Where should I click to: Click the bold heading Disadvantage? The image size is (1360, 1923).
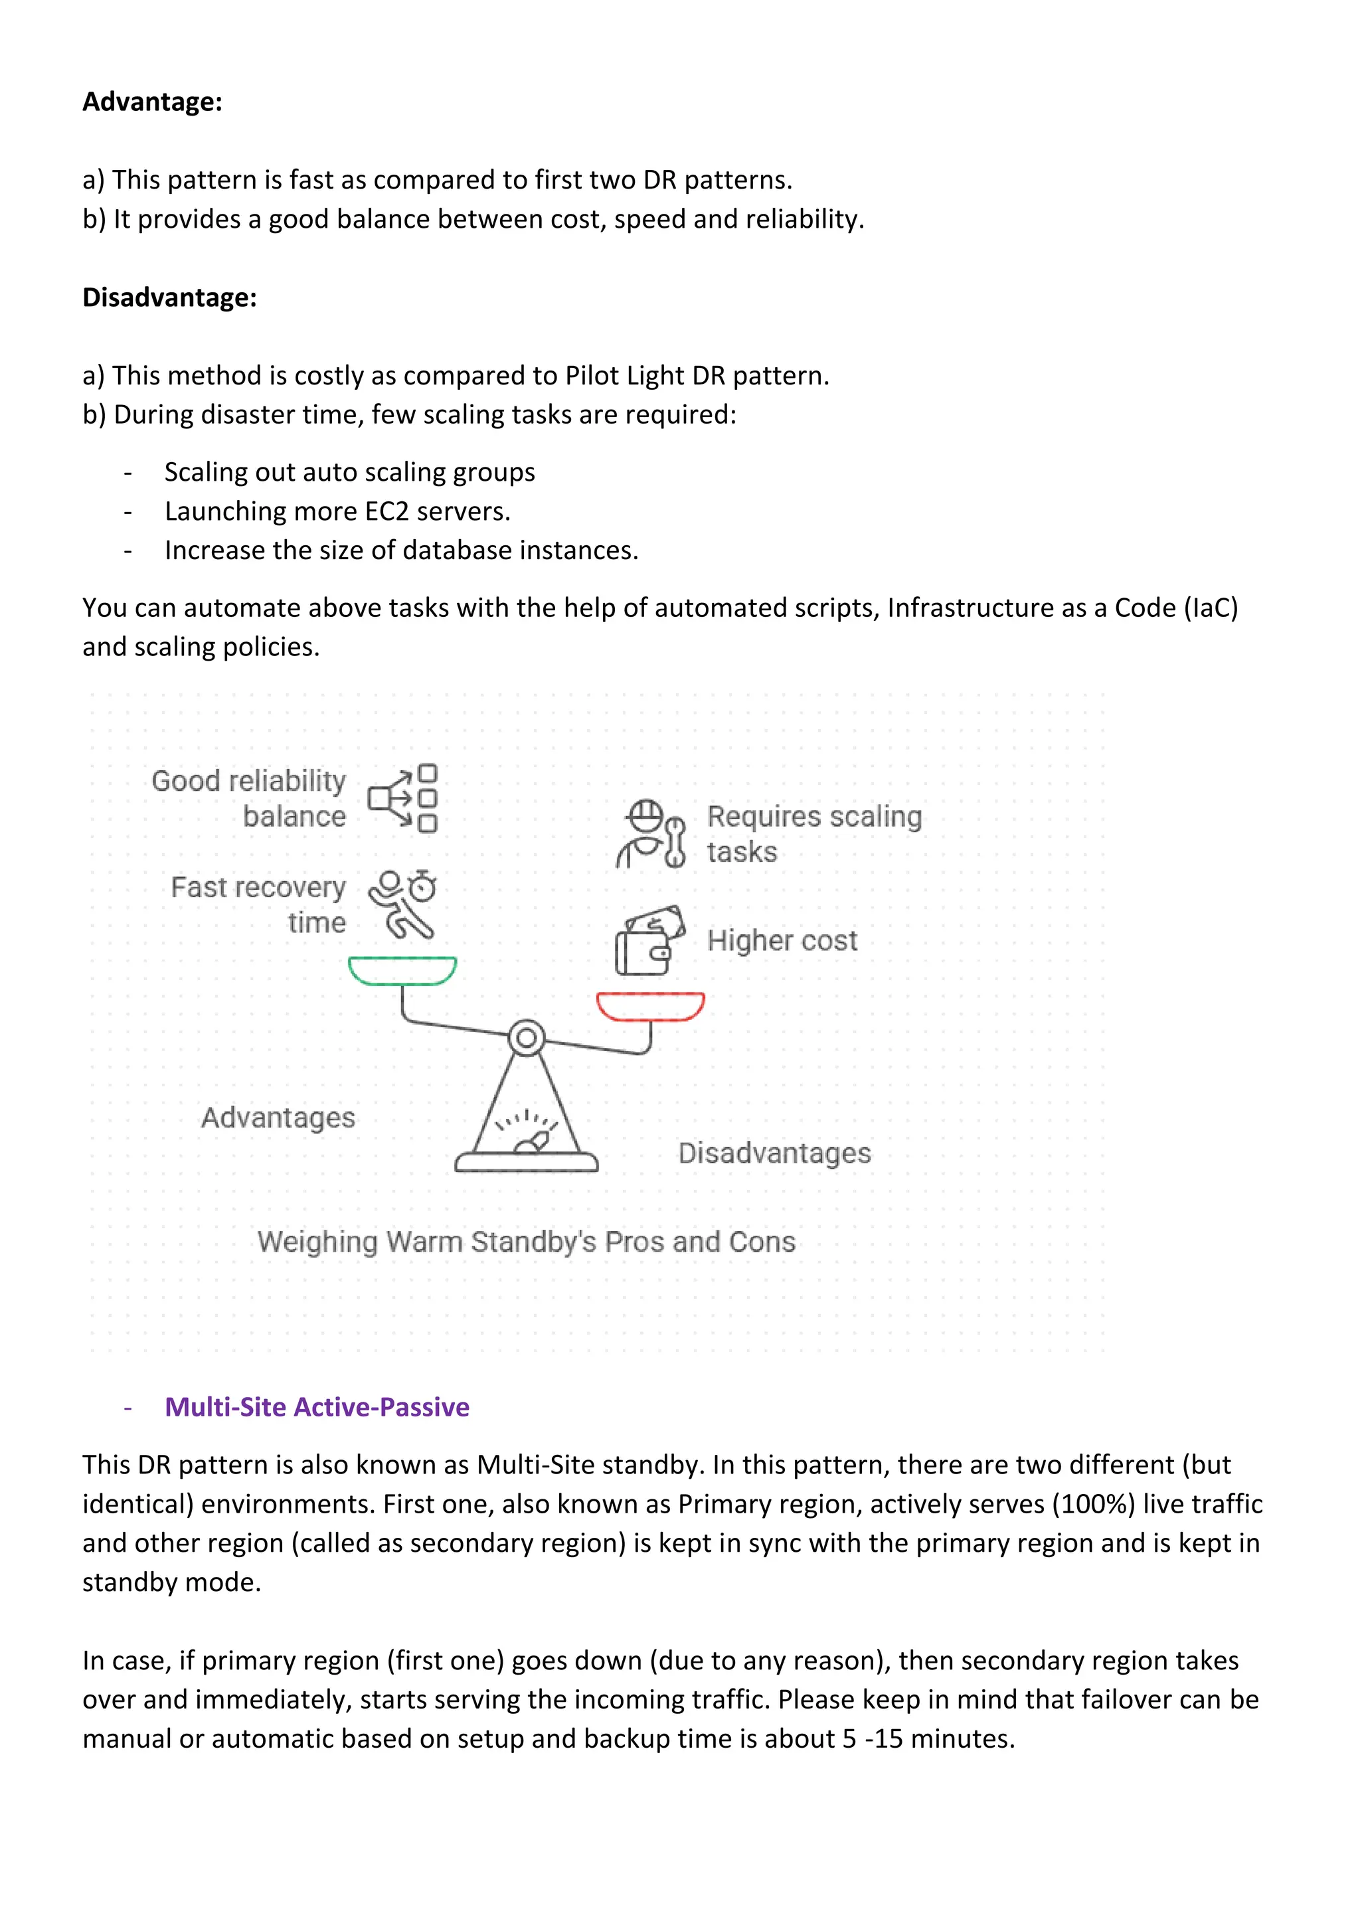click(x=169, y=297)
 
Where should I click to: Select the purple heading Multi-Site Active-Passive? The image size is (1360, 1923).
click(x=317, y=1406)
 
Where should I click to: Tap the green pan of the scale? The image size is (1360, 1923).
click(x=402, y=971)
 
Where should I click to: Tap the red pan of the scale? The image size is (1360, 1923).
click(x=650, y=1007)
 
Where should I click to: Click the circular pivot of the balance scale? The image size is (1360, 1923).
click(x=526, y=1039)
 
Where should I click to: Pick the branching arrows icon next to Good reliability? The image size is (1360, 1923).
click(x=403, y=798)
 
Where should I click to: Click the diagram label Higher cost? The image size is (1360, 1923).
click(x=782, y=940)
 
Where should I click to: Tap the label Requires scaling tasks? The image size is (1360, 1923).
click(x=813, y=833)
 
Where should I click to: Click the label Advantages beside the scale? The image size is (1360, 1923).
click(x=278, y=1118)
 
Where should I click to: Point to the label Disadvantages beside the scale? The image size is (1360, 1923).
click(x=774, y=1153)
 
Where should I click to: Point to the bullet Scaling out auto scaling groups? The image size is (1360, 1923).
click(x=349, y=471)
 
